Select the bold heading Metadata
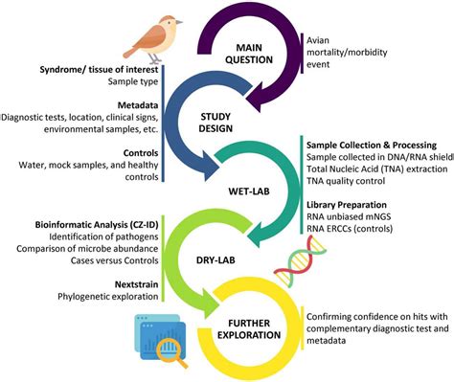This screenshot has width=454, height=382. click(126, 104)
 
